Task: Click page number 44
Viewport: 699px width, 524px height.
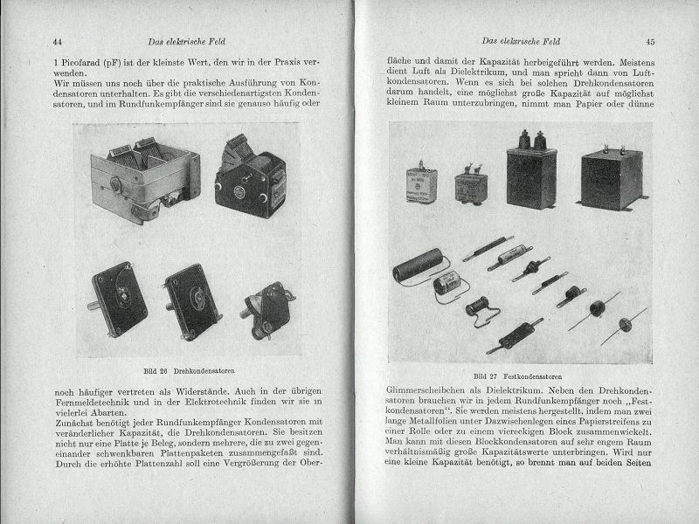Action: pos(58,41)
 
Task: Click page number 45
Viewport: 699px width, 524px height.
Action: pos(650,41)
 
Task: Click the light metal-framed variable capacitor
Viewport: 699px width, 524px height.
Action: pos(145,178)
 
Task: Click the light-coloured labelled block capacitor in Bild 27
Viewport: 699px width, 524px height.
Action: pos(421,183)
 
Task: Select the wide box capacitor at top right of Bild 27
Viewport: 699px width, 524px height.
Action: pos(611,176)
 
